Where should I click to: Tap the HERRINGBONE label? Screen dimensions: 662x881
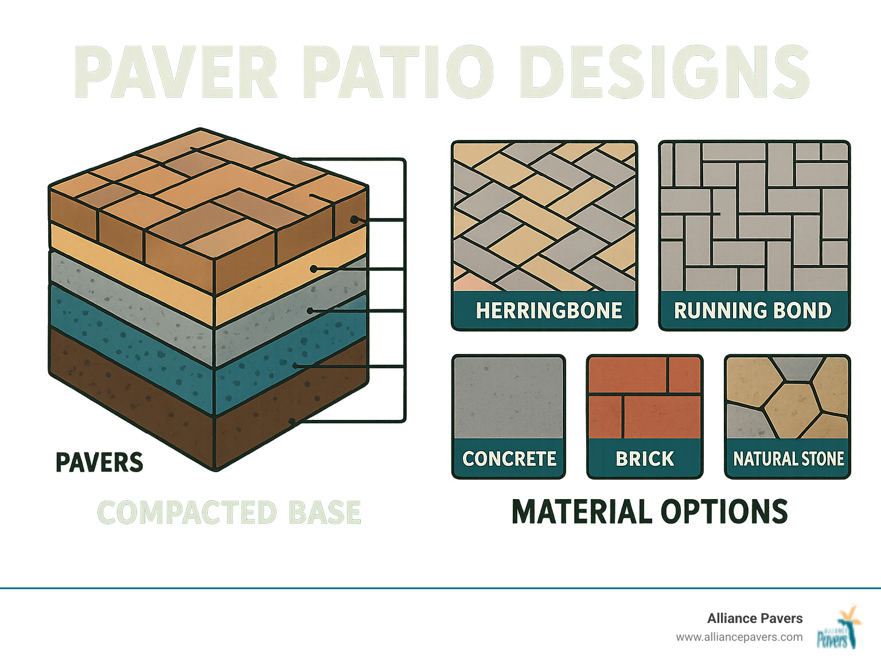point(548,310)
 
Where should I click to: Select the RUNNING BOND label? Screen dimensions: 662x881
point(753,310)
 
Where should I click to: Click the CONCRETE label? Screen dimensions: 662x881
point(509,458)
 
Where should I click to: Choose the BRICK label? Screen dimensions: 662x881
point(645,458)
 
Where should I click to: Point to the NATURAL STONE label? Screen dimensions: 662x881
point(788,458)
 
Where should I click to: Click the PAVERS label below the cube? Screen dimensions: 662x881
point(99,462)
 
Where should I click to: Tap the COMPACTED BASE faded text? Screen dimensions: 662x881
point(229,512)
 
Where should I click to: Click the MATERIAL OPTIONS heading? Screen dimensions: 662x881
point(649,512)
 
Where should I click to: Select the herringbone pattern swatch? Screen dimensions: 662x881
point(544,217)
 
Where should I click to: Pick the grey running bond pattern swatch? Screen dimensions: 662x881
point(754,217)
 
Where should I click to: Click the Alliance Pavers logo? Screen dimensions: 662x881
point(839,629)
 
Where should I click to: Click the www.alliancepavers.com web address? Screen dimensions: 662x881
point(739,637)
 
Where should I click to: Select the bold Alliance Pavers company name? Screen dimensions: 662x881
point(754,618)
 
